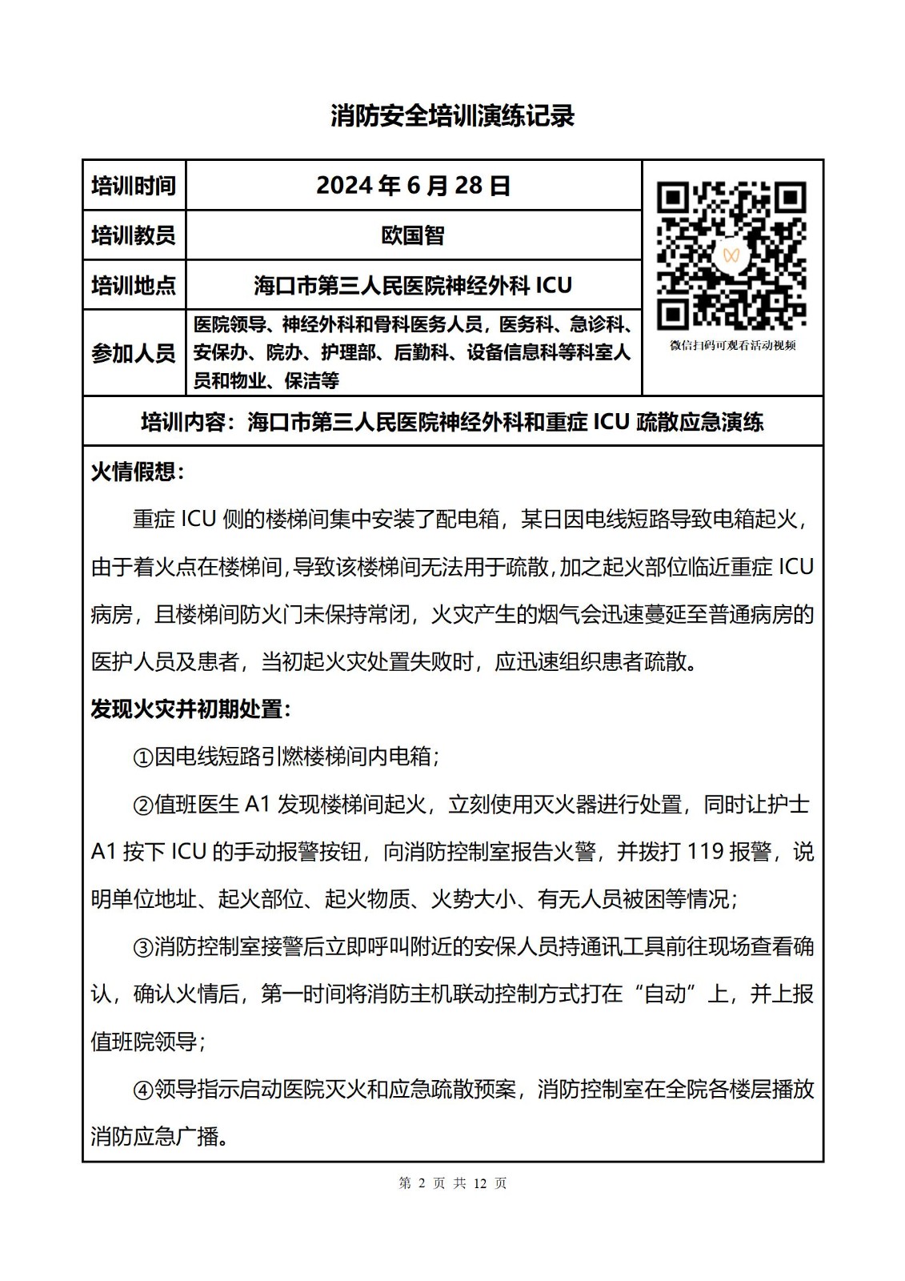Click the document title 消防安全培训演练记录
452,117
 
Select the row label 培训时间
134,186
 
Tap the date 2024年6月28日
413,186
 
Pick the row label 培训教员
134,235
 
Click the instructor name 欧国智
413,235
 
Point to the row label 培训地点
134,285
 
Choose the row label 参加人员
134,352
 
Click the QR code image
731,255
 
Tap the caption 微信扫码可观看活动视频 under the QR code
732,346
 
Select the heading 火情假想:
138,472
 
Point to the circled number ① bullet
142,757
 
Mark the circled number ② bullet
142,805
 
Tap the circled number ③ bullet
142,947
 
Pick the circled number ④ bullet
142,1090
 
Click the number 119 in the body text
705,852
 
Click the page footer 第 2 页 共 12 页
452,1183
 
